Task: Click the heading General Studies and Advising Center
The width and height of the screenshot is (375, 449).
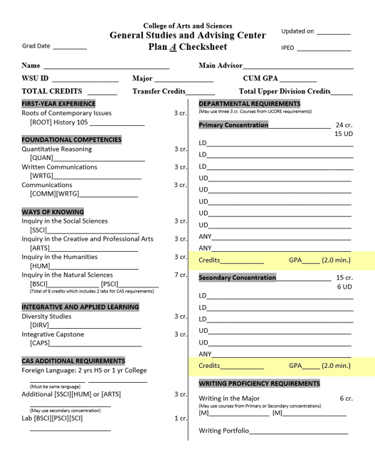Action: coord(187,36)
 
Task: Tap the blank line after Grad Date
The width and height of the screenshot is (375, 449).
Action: coord(69,47)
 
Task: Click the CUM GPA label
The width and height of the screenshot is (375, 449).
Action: coord(260,78)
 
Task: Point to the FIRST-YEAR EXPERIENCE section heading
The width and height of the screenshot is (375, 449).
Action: coord(58,104)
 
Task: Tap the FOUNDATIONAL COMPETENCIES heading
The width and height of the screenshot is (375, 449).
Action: coord(71,139)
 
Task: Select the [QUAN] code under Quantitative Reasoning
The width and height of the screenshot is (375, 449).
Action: coord(41,157)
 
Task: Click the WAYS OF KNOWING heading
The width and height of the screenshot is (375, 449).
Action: coord(53,212)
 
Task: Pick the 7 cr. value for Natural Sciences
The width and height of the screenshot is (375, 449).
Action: coord(180,275)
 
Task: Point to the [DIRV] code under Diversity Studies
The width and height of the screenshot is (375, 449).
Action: coord(40,325)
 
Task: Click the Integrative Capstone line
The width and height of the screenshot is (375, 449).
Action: coord(53,334)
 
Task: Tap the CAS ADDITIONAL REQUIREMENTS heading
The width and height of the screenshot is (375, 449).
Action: coord(73,361)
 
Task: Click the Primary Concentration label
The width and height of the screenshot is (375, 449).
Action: coord(233,125)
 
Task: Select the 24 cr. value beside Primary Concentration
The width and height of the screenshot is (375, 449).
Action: coord(344,125)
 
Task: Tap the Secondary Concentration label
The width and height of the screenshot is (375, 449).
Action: coord(237,278)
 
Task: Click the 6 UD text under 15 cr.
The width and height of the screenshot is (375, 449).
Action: coord(344,287)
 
